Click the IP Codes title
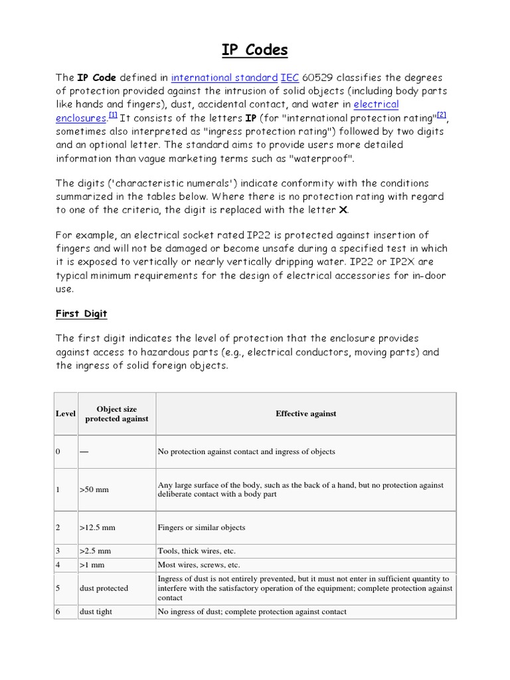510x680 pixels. (255, 50)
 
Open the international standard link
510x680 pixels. (224, 78)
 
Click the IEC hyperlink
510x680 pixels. (290, 78)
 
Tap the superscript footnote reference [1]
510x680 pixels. (113, 116)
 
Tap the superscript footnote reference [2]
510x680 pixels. (442, 116)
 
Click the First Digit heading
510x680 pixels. (81, 313)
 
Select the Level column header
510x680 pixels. (65, 414)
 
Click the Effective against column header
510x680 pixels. (305, 414)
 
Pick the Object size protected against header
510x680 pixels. (116, 414)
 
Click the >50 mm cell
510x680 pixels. (94, 490)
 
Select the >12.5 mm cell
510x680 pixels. (97, 528)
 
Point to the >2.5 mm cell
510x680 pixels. (95, 551)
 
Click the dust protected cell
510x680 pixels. (104, 588)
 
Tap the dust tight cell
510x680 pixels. (96, 612)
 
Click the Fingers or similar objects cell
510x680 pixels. (201, 528)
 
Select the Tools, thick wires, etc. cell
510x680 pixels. (197, 551)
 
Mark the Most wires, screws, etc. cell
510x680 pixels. (199, 565)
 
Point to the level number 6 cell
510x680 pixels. (58, 612)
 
